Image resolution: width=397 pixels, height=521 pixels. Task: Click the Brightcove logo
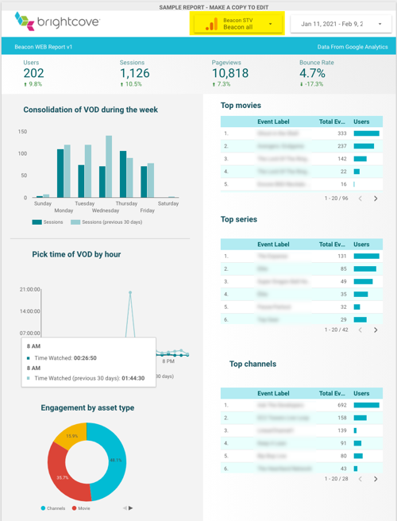[x=57, y=23]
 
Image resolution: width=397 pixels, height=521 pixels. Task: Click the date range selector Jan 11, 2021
[x=341, y=24]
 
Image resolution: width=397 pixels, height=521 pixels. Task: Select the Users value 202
[x=33, y=73]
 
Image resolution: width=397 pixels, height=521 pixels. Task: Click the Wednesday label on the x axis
[x=105, y=210]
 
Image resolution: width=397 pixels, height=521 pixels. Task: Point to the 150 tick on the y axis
[x=22, y=132]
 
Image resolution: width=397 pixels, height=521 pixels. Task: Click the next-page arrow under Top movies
[x=376, y=199]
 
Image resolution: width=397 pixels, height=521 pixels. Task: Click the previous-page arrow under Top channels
[x=360, y=479]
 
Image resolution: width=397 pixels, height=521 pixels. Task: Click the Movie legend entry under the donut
[x=82, y=508]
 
